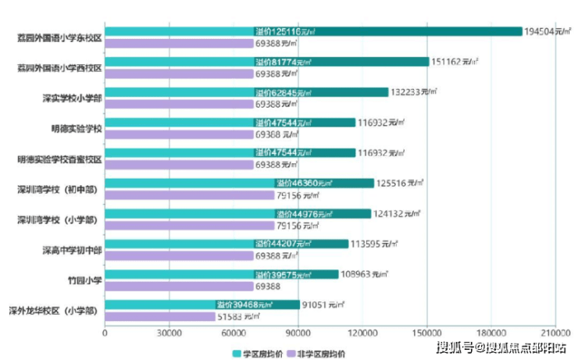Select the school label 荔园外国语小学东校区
(x=61, y=37)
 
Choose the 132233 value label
(x=415, y=92)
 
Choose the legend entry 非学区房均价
(x=317, y=353)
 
